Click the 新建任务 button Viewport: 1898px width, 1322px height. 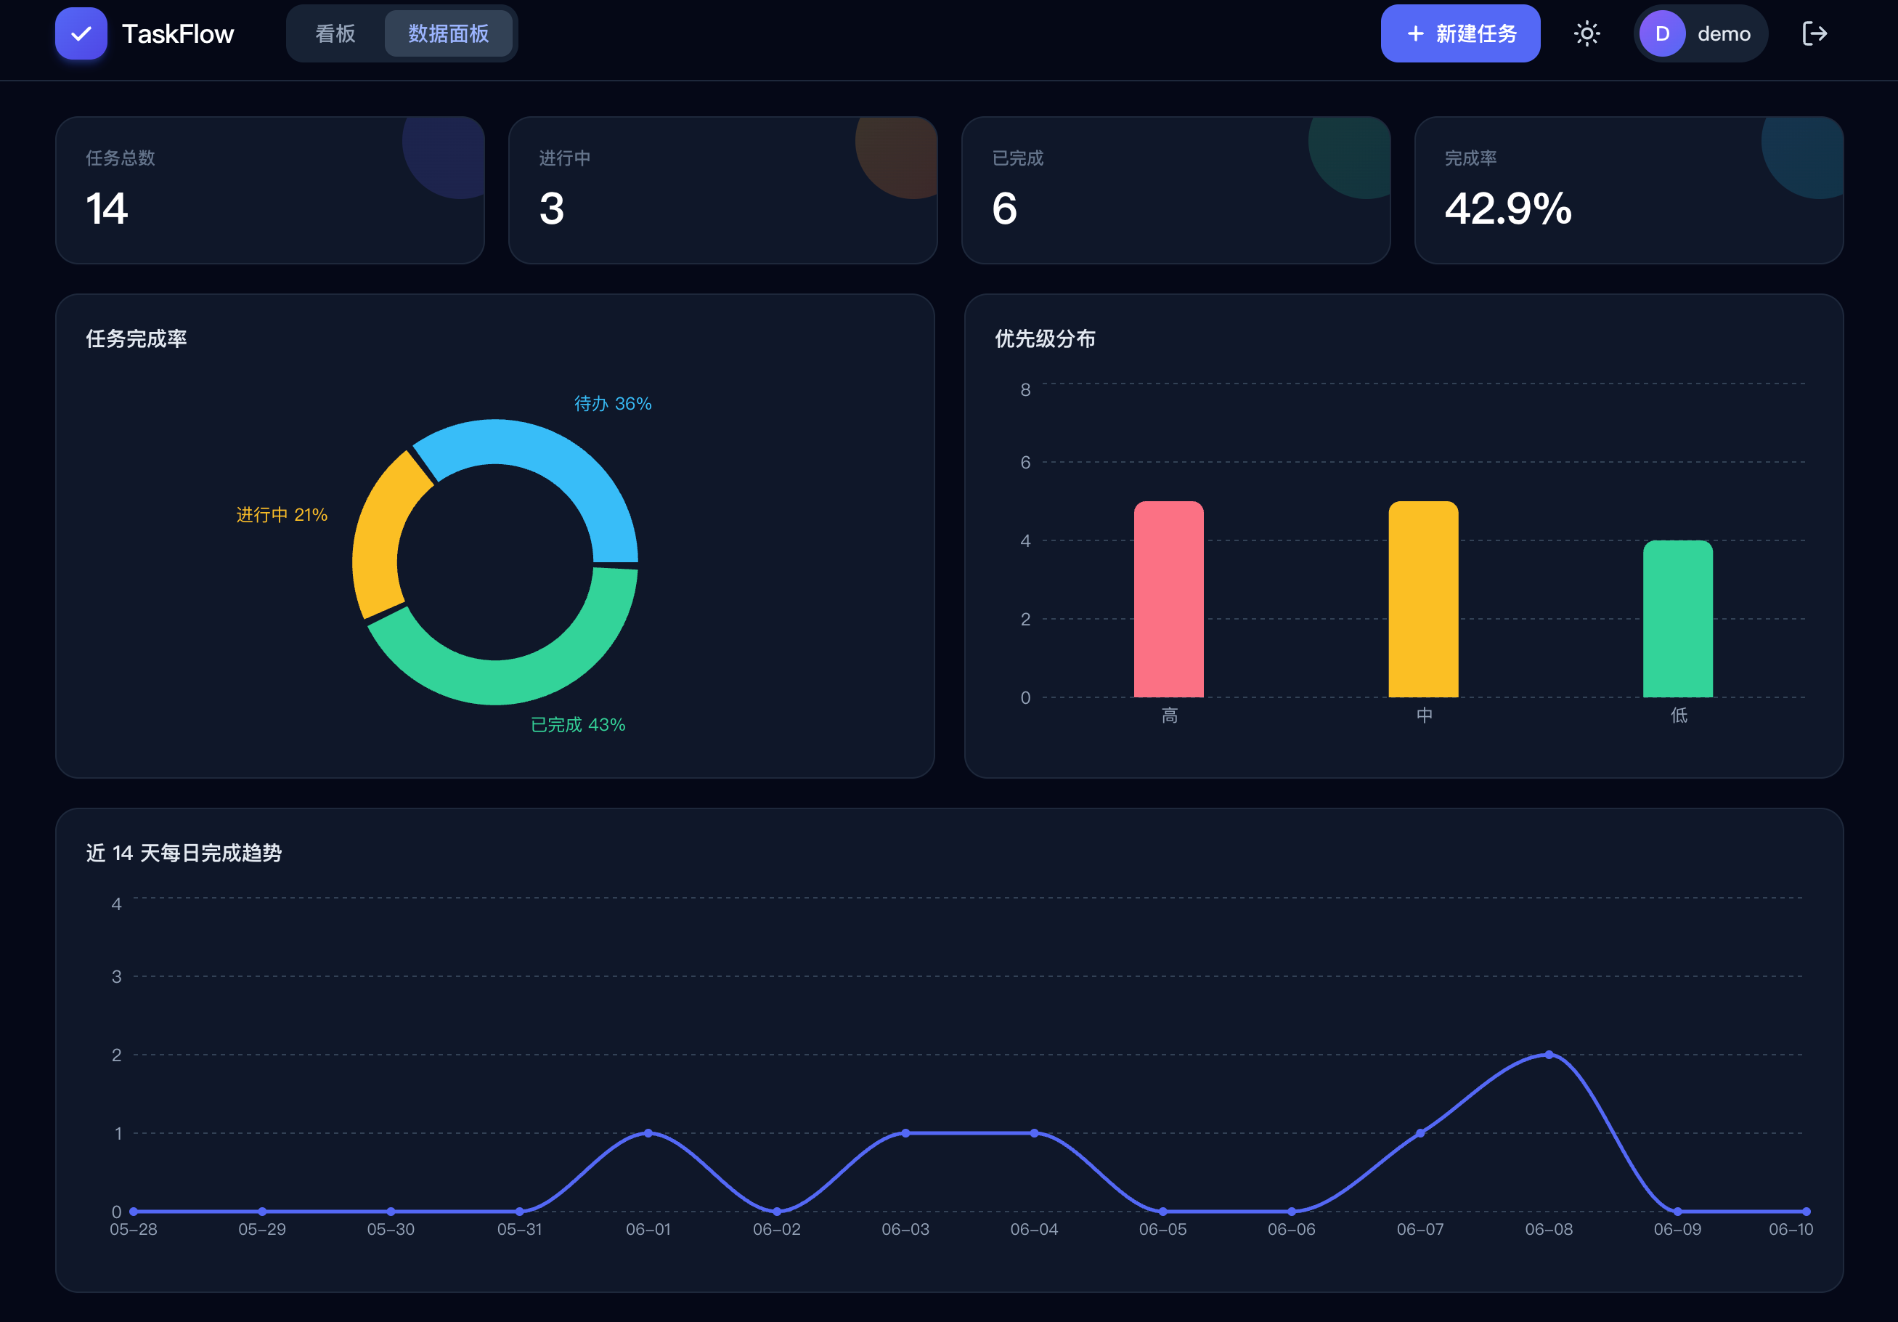coord(1460,34)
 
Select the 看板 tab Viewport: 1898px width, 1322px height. coord(335,34)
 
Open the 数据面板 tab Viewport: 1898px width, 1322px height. coord(448,34)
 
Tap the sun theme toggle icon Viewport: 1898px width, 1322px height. coord(1587,34)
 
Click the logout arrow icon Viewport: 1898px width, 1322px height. coord(1814,34)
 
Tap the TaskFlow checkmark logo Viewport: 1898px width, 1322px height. coord(81,34)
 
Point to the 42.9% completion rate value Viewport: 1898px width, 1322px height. coord(1508,208)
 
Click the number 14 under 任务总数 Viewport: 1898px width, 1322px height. coord(107,208)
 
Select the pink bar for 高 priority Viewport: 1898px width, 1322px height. coord(1168,599)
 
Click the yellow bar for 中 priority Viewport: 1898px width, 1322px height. coord(1422,599)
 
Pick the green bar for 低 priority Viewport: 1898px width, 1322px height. coord(1677,618)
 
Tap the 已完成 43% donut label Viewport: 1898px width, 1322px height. coord(578,725)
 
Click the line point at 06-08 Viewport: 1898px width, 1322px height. coord(1548,1055)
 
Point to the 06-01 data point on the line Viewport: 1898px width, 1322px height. coord(648,1133)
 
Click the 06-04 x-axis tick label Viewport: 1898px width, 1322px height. coord(1033,1230)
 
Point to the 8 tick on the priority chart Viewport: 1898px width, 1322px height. coord(1025,389)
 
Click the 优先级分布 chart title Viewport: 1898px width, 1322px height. coord(1045,339)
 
